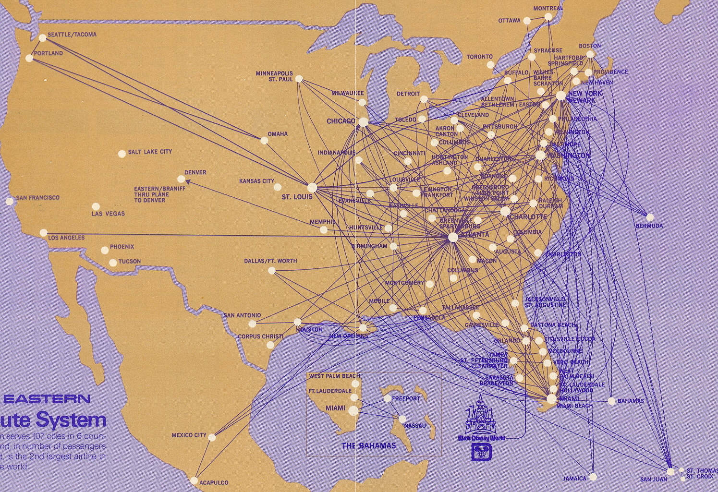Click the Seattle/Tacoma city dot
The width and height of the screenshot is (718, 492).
point(42,37)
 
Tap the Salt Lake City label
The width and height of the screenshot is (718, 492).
point(150,152)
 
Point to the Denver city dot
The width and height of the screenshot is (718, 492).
point(181,179)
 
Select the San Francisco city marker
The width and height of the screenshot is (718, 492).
point(10,201)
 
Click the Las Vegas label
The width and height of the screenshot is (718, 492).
point(108,214)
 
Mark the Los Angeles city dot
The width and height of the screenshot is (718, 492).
point(44,233)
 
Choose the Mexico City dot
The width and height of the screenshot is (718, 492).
point(212,437)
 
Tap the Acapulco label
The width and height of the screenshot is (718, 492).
point(214,482)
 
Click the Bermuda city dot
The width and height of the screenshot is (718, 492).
point(650,217)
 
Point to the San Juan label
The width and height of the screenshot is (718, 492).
point(654,479)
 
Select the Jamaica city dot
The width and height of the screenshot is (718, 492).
point(593,477)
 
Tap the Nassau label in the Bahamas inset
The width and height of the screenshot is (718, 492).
point(415,426)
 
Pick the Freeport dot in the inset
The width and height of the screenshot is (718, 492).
point(388,398)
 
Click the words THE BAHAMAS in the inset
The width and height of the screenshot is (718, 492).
point(369,445)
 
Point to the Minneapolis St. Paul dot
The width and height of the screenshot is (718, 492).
point(299,79)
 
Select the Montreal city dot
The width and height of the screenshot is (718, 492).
point(548,17)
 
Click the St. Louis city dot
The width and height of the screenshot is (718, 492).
point(312,187)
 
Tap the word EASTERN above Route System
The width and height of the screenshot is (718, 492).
point(46,398)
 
